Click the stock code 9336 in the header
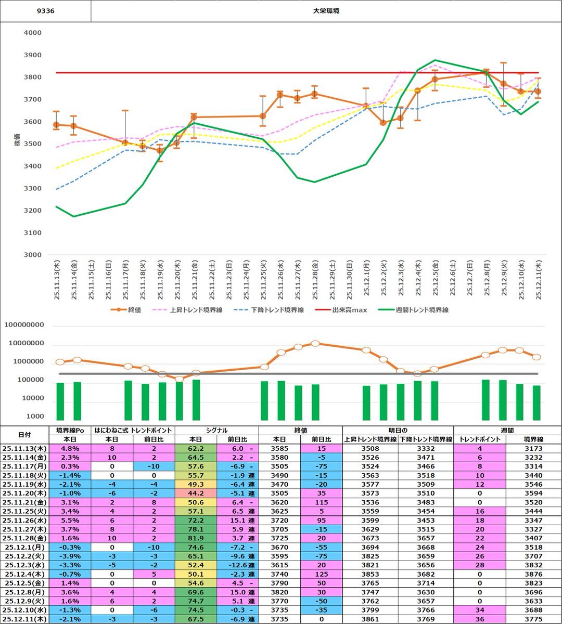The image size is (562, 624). click(46, 11)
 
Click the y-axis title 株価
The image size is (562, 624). click(18, 144)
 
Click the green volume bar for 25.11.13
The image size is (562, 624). click(60, 401)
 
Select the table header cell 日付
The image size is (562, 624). click(24, 435)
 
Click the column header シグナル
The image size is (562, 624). click(216, 431)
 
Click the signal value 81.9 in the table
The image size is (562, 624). click(196, 538)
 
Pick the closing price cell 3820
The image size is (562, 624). click(279, 592)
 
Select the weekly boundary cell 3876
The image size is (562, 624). click(533, 575)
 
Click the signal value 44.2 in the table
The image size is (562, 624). click(196, 493)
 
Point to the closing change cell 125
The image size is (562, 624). click(322, 575)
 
